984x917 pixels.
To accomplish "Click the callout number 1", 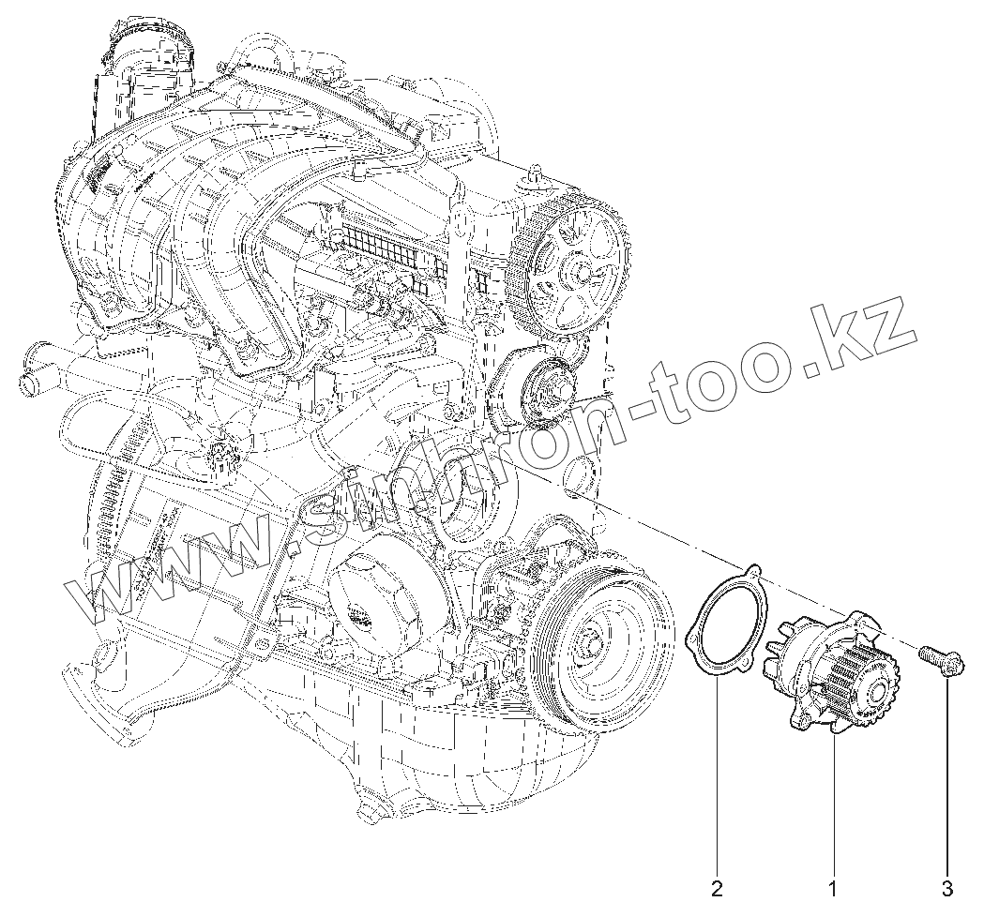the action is click(831, 885).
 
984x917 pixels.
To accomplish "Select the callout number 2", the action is click(718, 885).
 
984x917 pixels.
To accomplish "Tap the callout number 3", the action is click(947, 885).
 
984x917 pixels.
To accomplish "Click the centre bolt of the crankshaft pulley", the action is click(590, 644).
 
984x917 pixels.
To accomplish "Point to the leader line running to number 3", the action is click(947, 778).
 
